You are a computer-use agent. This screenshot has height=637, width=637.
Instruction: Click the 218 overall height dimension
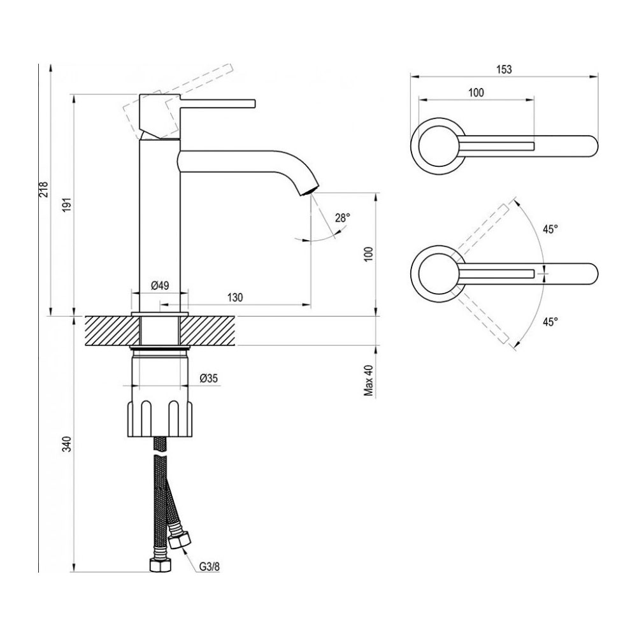pos(43,189)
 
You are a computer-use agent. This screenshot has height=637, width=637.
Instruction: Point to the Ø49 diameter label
pos(159,286)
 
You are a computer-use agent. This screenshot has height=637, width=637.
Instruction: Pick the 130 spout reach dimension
pos(235,297)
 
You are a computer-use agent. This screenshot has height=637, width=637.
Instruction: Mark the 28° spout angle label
pos(343,218)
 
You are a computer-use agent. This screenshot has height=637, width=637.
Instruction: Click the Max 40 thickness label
pos(368,380)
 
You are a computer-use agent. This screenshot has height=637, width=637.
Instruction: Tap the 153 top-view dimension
pos(505,69)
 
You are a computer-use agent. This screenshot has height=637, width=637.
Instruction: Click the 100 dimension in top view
pos(475,92)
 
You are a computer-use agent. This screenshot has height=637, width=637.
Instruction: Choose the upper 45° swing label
pos(550,229)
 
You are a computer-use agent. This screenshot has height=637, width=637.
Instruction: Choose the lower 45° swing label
pos(550,322)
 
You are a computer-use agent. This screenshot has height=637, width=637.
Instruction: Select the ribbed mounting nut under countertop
pos(159,417)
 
